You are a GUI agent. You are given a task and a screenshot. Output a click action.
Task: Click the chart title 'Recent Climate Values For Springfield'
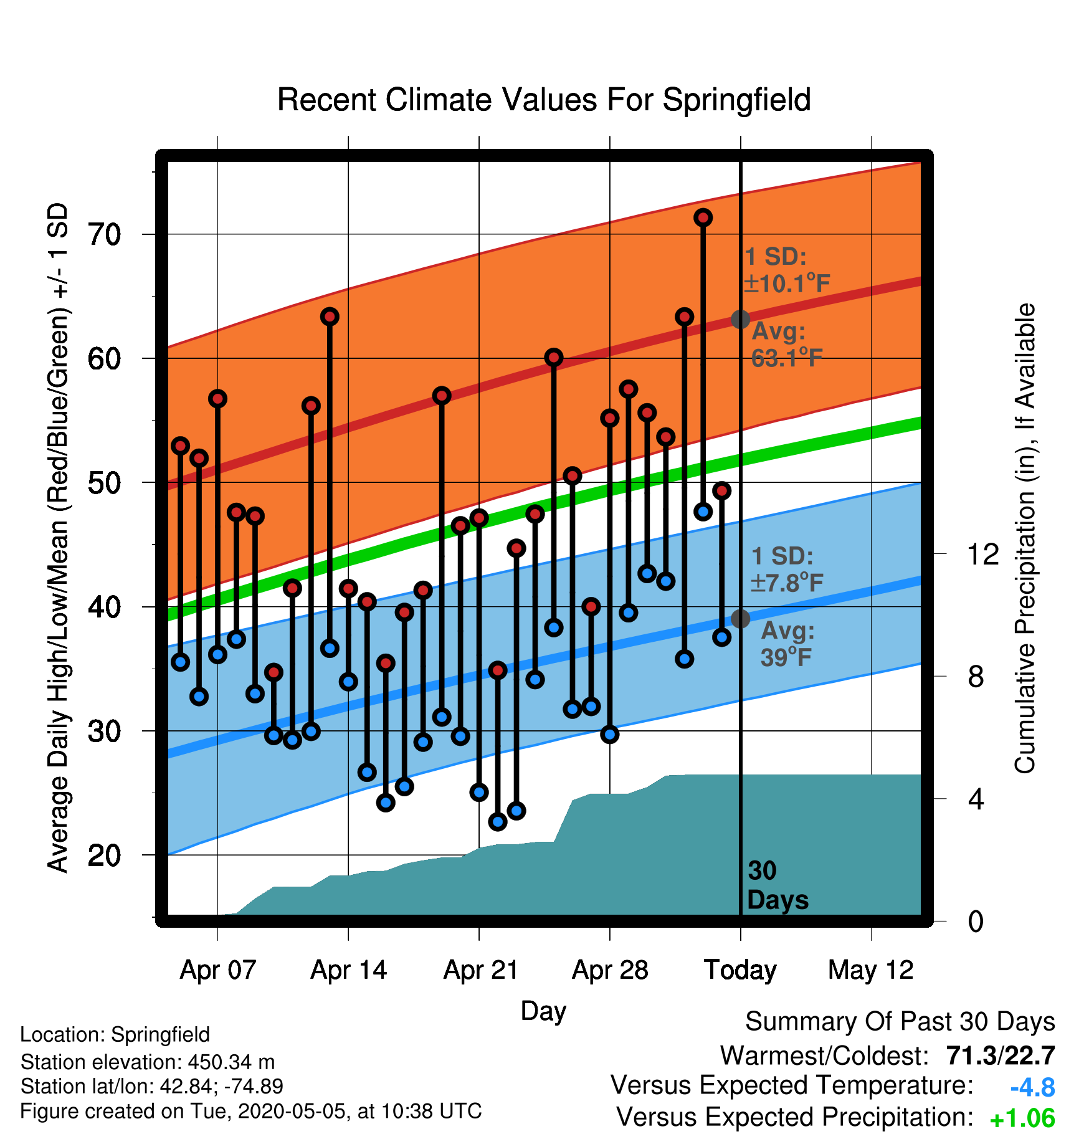click(x=544, y=100)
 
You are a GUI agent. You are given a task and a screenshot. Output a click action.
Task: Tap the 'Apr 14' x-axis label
click(x=349, y=970)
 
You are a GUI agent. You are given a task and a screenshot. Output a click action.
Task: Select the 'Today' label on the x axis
click(x=740, y=970)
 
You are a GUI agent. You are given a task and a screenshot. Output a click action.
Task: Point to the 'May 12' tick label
click(x=871, y=970)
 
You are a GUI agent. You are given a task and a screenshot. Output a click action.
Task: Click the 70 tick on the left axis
click(x=105, y=235)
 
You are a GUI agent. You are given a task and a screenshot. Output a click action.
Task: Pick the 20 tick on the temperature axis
click(x=105, y=855)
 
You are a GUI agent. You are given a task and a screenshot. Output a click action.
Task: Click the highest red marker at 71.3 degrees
click(x=703, y=217)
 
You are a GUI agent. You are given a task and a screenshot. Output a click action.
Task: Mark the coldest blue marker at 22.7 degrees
click(x=498, y=822)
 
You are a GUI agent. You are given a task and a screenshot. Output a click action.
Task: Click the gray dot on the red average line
click(x=740, y=319)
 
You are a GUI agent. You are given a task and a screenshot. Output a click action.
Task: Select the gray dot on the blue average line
click(x=740, y=619)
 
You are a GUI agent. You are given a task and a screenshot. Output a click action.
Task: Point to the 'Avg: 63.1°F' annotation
click(x=787, y=345)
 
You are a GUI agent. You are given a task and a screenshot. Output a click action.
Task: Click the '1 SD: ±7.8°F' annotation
click(x=787, y=569)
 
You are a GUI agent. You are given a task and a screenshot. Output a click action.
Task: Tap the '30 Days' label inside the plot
click(x=778, y=885)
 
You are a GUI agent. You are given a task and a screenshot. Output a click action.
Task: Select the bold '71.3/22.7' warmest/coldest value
click(x=1001, y=1056)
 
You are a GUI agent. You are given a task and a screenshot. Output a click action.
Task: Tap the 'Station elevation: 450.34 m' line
click(x=148, y=1062)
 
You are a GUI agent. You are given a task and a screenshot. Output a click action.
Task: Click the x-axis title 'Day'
click(x=543, y=1012)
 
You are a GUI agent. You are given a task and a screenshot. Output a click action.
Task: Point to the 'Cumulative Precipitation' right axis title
click(x=1025, y=538)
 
